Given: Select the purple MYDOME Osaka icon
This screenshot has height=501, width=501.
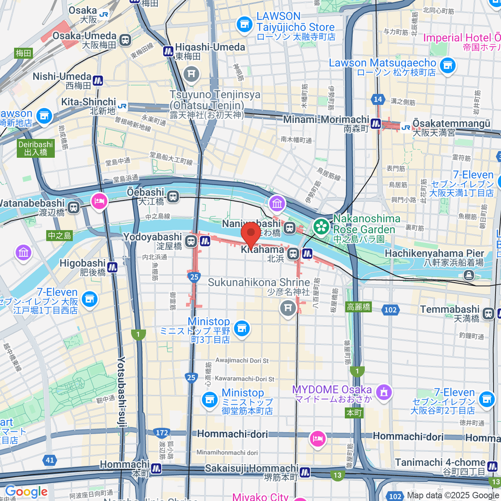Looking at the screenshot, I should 384,392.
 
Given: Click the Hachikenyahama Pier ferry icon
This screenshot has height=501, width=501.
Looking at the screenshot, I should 469,275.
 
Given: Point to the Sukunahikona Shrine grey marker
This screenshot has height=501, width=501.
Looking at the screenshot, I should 287,309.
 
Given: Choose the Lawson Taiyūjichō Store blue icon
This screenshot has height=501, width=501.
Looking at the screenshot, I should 244,24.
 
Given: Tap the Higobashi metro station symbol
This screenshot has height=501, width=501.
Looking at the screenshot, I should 112,266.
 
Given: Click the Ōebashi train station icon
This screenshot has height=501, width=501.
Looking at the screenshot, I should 173,196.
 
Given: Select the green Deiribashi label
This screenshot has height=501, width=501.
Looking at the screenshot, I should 35,149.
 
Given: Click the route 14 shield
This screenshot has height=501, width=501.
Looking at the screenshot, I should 378,99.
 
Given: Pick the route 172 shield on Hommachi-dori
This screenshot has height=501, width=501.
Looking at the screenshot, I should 162,433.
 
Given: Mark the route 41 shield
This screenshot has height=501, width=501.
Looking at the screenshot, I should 50,460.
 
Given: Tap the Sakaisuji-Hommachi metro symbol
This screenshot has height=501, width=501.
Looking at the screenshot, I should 305,472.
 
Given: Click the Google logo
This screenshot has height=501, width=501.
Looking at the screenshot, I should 26,491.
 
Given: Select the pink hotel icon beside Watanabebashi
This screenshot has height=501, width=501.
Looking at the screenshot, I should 99,201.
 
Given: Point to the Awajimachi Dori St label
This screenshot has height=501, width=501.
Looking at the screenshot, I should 242,360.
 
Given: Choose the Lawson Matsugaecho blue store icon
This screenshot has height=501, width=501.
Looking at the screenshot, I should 448,66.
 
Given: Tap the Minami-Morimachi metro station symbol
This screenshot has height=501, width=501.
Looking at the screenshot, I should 376,124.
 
